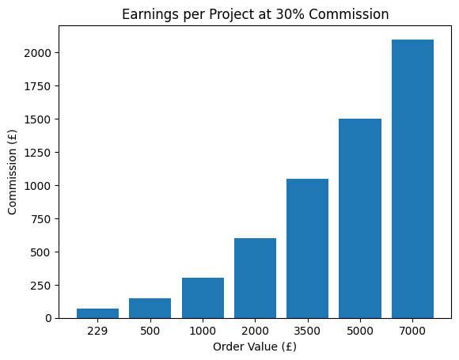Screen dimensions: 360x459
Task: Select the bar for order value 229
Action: click(97, 313)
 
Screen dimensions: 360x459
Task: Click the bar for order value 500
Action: click(150, 308)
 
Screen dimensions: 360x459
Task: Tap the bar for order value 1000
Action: click(203, 297)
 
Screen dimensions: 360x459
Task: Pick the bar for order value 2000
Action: click(255, 278)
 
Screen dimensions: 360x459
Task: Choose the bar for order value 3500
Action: click(307, 248)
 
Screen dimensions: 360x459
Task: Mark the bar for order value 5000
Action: click(360, 218)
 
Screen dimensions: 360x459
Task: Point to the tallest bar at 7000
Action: click(412, 179)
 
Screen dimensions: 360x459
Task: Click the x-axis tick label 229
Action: click(97, 330)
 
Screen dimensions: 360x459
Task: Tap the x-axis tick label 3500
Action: click(307, 330)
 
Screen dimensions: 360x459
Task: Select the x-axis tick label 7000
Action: click(412, 330)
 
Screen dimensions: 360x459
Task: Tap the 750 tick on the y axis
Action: click(45, 219)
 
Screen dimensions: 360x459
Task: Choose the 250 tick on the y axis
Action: click(45, 285)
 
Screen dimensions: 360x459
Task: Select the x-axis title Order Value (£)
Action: click(255, 346)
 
